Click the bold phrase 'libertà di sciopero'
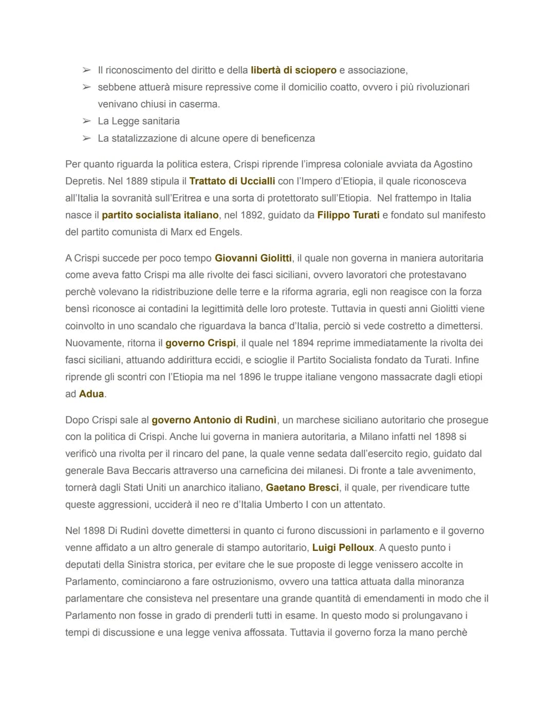pyautogui.click(x=293, y=70)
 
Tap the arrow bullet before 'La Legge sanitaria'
pyautogui.click(x=86, y=121)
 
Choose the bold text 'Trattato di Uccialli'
pyautogui.click(x=232, y=181)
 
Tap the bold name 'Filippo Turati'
pyautogui.click(x=348, y=215)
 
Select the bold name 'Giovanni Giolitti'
pyautogui.click(x=253, y=259)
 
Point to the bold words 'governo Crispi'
pyautogui.click(x=200, y=343)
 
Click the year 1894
pyautogui.click(x=303, y=343)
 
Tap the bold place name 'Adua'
pyautogui.click(x=91, y=394)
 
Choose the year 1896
pyautogui.click(x=250, y=377)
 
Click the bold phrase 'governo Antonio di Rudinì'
pyautogui.click(x=214, y=420)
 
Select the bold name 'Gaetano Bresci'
pyautogui.click(x=302, y=488)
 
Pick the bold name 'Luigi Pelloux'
pyautogui.click(x=343, y=548)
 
